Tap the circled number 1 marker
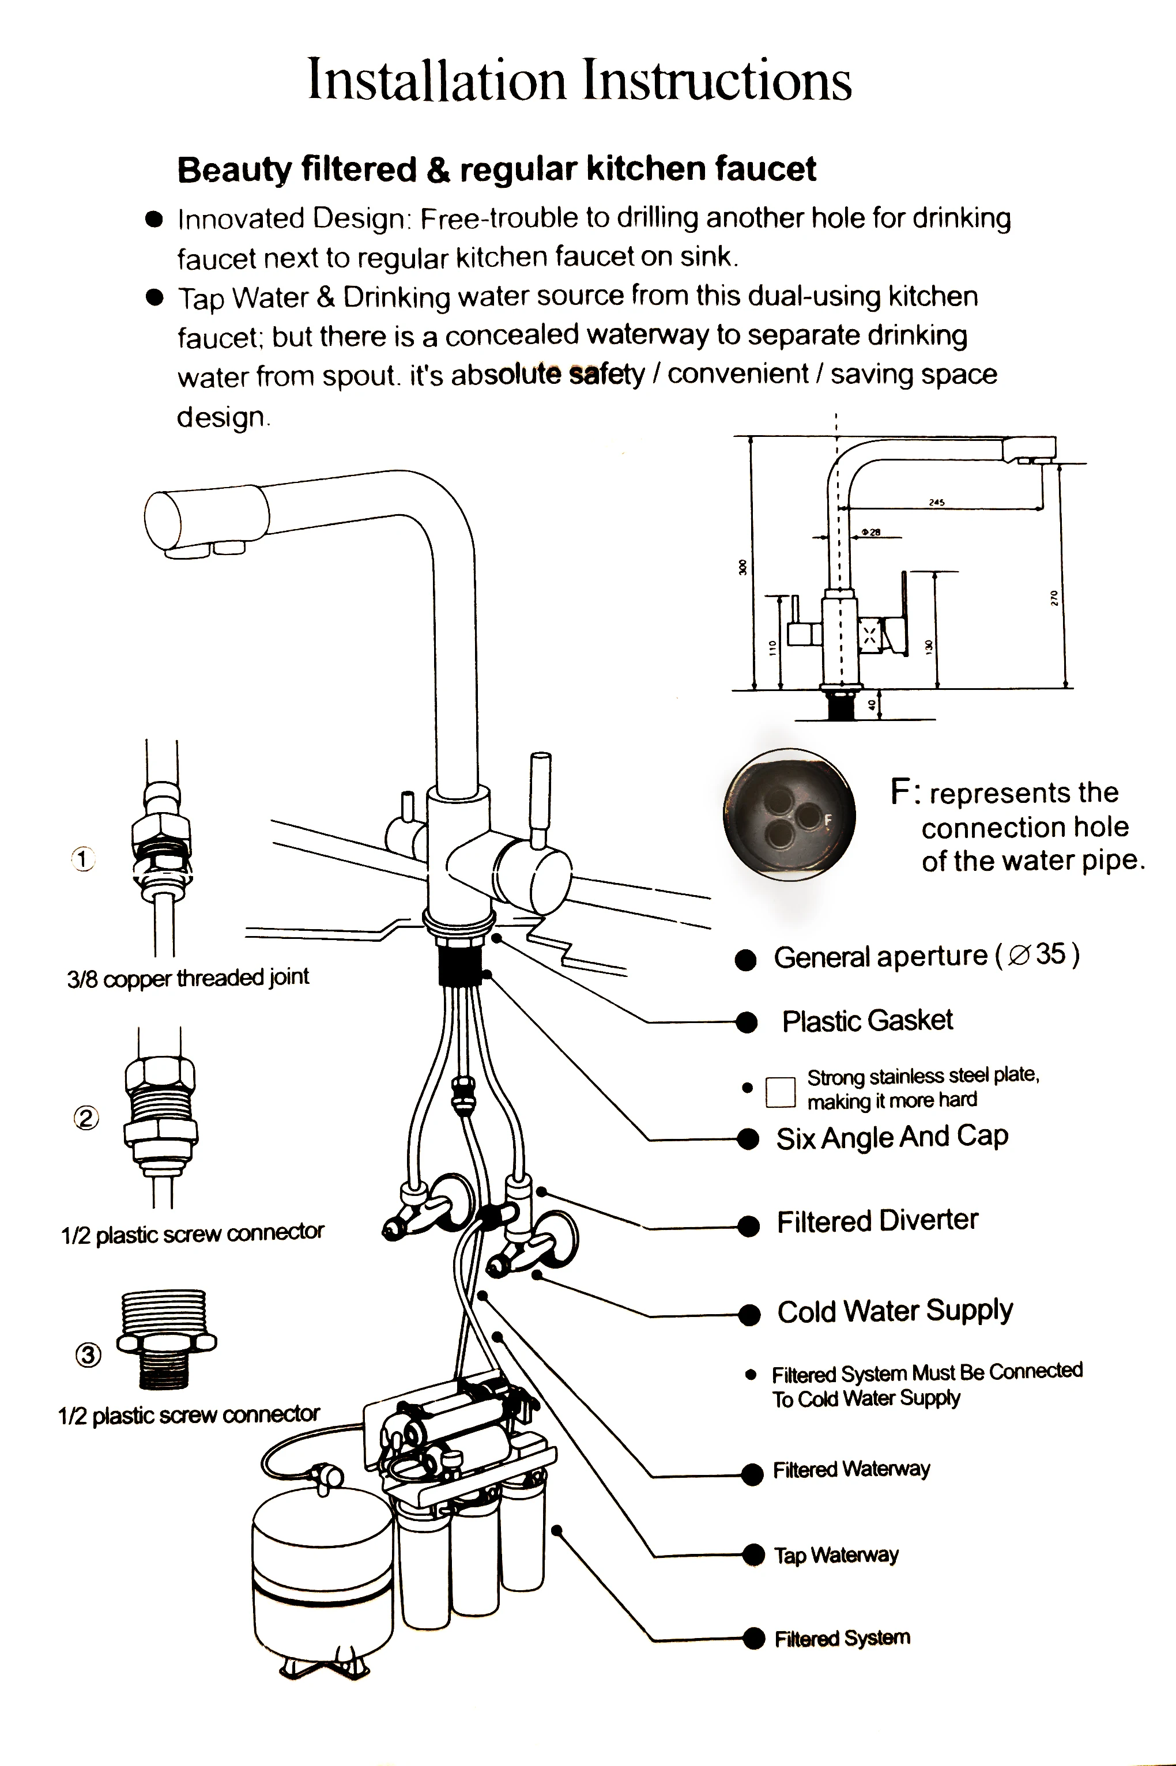(82, 859)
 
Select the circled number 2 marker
(86, 1118)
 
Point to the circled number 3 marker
(88, 1354)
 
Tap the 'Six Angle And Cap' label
(892, 1137)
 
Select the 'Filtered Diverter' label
(877, 1221)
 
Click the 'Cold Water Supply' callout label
(895, 1311)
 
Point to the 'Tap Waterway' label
(836, 1554)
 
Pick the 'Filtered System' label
(842, 1638)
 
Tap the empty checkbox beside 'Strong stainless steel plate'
(780, 1092)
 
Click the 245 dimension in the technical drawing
(936, 503)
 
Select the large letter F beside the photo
(900, 792)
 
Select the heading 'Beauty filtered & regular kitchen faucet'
(496, 169)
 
